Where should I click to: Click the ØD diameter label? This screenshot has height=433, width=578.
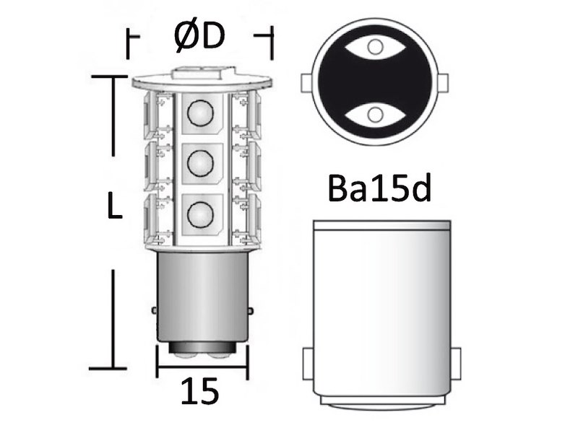(199, 36)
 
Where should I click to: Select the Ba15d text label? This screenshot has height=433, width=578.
(379, 191)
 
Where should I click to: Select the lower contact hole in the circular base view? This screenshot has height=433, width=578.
(374, 113)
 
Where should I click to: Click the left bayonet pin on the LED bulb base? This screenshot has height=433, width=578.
(154, 310)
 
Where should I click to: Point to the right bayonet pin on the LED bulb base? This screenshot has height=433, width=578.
(250, 310)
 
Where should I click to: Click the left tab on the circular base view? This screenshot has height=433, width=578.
(305, 81)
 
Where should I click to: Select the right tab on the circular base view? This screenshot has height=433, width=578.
(444, 81)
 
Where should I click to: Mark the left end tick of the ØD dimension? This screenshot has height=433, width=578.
(128, 43)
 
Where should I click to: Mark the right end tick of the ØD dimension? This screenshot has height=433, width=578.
(272, 43)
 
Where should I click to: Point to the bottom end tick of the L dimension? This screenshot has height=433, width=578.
(113, 368)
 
